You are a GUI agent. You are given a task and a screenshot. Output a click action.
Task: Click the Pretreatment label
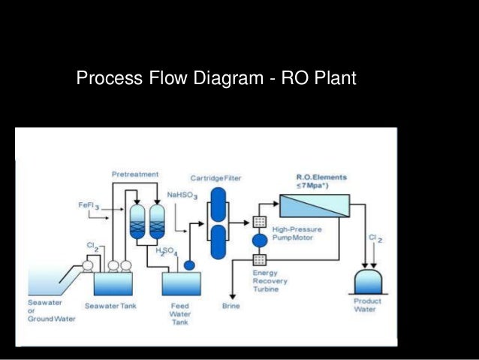pyautogui.click(x=135, y=174)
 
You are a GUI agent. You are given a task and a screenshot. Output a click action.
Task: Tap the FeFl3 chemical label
pyautogui.click(x=89, y=205)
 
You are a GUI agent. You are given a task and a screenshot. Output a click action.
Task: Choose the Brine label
pyautogui.click(x=231, y=307)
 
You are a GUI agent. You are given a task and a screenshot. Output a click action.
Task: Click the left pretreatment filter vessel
pyautogui.click(x=138, y=222)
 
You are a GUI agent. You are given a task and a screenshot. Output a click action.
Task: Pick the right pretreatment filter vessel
pyautogui.click(x=157, y=222)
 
